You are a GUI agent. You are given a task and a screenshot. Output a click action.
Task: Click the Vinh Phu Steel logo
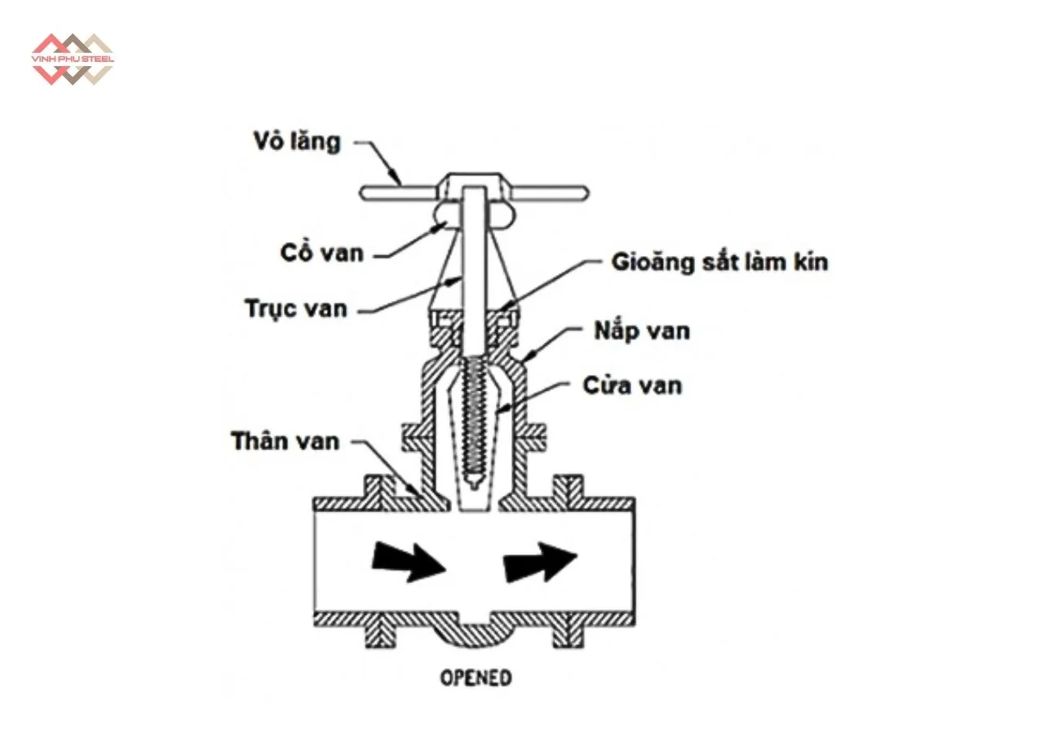72,60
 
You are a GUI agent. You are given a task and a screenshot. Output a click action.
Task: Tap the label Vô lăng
295,142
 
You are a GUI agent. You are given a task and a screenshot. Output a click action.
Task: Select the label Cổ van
317,252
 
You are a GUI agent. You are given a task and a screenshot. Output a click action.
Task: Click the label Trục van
295,308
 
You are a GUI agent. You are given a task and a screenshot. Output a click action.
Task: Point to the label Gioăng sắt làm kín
719,262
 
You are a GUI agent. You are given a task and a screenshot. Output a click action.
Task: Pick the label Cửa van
631,384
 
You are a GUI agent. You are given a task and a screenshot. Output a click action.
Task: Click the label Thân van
285,441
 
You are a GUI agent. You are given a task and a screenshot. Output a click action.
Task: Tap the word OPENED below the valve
476,678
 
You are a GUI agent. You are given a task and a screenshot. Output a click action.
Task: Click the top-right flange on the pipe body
568,489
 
